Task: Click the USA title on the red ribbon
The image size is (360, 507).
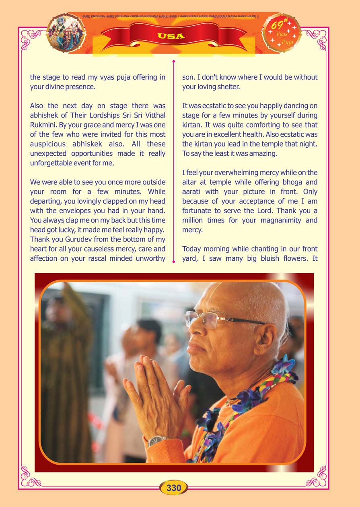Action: coord(171,36)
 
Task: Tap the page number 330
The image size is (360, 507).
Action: coord(174,488)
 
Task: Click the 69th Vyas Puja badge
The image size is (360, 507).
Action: coord(281,33)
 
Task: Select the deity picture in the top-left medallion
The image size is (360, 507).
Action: coord(66,33)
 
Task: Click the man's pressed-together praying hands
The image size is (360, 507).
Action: coord(157,392)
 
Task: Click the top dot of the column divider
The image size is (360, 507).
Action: coord(174,62)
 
